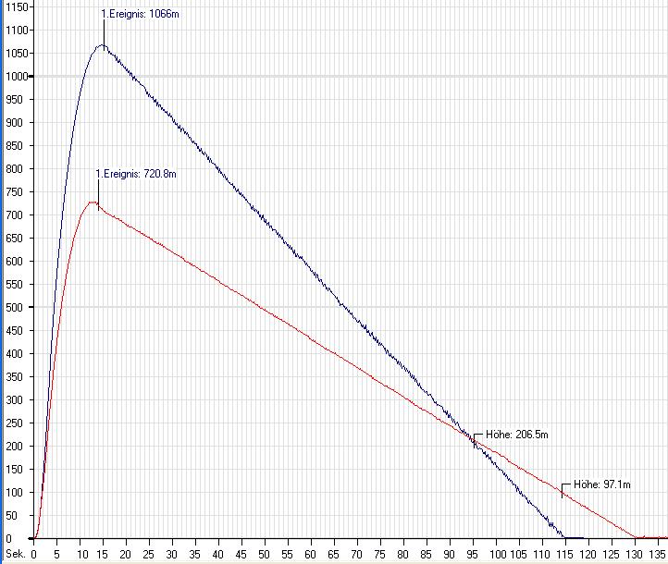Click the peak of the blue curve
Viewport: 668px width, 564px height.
(103, 45)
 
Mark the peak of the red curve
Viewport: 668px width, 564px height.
(93, 202)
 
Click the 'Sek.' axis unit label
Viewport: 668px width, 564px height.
(14, 556)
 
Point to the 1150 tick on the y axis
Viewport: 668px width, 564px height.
(16, 6)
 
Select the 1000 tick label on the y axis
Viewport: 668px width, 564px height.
(16, 76)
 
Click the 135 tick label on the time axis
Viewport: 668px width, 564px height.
(658, 556)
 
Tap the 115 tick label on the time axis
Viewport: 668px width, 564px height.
(565, 556)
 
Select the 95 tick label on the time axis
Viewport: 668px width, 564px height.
(474, 556)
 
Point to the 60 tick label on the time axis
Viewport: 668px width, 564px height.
(312, 556)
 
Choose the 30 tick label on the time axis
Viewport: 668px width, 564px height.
(173, 556)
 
